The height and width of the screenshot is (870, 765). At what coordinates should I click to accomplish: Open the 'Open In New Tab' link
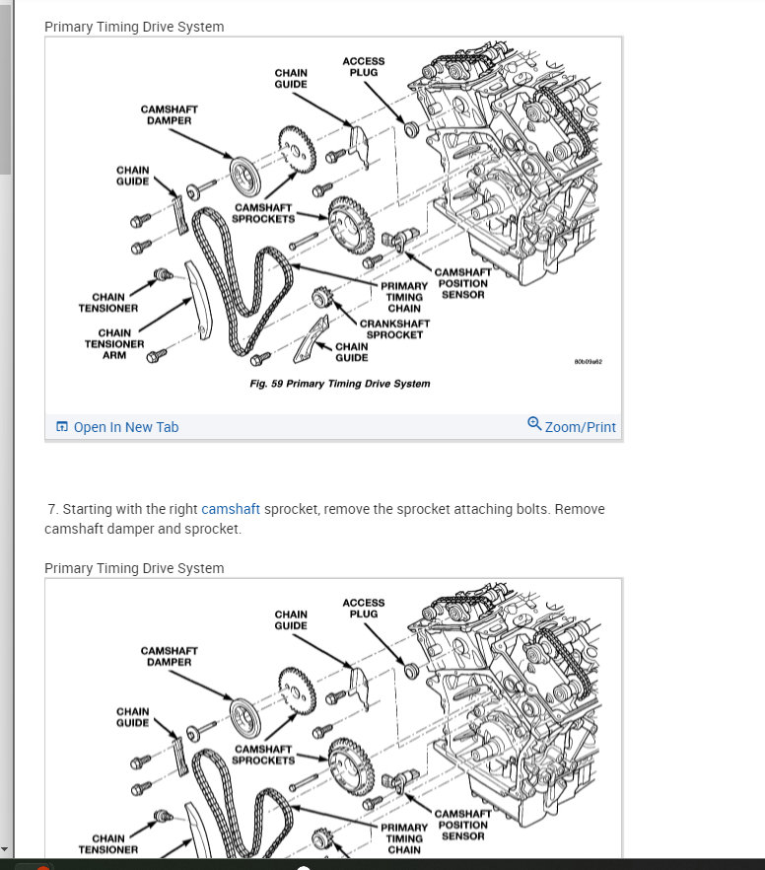[126, 427]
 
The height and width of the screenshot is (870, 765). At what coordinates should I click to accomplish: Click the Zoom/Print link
[580, 427]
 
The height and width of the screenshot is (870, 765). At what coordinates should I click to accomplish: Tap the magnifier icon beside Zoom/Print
[534, 424]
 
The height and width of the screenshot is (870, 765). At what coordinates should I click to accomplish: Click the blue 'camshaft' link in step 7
[231, 509]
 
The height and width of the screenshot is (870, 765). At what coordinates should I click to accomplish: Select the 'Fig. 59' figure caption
[339, 383]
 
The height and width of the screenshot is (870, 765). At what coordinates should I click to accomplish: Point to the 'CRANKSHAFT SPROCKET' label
[394, 328]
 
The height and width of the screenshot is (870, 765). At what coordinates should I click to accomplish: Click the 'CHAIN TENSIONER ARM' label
[114, 344]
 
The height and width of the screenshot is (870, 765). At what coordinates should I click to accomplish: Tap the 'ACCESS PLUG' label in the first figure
[364, 67]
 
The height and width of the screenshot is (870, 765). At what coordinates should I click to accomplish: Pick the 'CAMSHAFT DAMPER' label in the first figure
[167, 114]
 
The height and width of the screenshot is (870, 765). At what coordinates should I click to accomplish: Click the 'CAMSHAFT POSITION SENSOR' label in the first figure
[462, 283]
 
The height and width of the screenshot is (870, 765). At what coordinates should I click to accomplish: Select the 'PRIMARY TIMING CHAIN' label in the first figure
[404, 297]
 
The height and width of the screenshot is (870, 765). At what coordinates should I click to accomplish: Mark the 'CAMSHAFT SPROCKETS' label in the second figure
[263, 755]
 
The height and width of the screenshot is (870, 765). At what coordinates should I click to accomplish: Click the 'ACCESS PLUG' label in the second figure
[364, 608]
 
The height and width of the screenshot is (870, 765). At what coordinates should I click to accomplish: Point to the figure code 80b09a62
[588, 362]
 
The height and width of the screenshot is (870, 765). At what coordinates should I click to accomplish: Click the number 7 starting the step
[52, 509]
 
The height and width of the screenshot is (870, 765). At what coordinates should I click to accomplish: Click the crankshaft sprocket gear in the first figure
[319, 296]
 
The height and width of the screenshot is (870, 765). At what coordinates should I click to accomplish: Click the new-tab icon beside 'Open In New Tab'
[62, 427]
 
